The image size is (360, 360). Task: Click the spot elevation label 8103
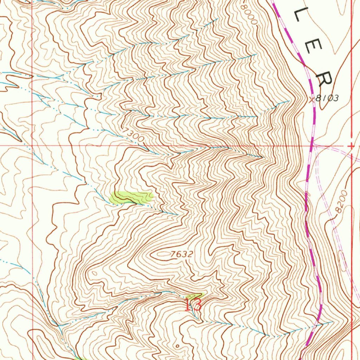(x=327, y=98)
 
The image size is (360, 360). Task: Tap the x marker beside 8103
(x=311, y=99)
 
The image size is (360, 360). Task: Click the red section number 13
(x=193, y=304)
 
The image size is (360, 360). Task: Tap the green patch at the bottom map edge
(x=80, y=358)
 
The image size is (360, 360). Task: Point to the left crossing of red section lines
(x=32, y=145)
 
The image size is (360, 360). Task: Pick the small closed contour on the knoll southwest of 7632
(x=94, y=272)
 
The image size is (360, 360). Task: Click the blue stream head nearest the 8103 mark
(x=288, y=101)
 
